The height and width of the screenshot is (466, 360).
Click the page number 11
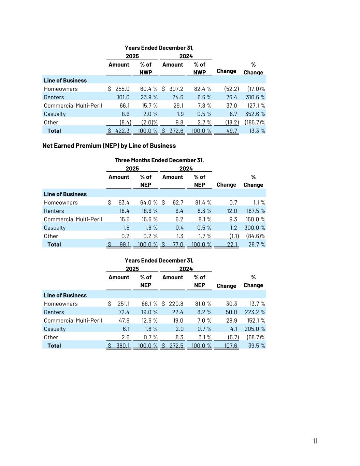[x=315, y=441]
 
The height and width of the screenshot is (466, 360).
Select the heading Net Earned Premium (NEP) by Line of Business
[x=109, y=146]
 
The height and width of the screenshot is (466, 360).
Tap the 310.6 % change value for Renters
[x=255, y=97]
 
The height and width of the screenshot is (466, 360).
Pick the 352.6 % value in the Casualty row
[x=255, y=114]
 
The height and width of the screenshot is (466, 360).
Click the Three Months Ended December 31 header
[x=159, y=160]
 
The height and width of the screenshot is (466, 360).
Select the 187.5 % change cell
[x=255, y=211]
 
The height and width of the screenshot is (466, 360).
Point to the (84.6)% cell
[x=255, y=236]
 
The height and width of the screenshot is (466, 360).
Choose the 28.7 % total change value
[x=257, y=244]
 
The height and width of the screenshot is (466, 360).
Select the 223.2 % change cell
[x=255, y=312]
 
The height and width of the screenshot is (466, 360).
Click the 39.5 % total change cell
[x=257, y=345]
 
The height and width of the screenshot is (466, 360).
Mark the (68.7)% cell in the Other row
[x=255, y=337]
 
